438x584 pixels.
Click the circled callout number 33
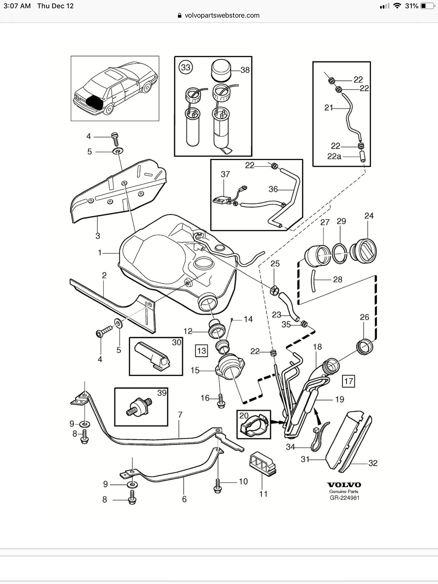point(185,67)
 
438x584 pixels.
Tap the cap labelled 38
point(222,70)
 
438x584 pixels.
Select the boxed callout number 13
point(202,350)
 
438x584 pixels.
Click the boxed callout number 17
point(348,381)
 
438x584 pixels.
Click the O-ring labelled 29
point(339,253)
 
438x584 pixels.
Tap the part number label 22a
point(334,156)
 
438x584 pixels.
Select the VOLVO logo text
point(344,485)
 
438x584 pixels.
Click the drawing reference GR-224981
point(344,498)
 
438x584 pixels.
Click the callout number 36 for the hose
point(273,189)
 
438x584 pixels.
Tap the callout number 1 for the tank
point(100,253)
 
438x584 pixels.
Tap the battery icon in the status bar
point(427,6)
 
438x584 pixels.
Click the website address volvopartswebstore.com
point(222,15)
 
